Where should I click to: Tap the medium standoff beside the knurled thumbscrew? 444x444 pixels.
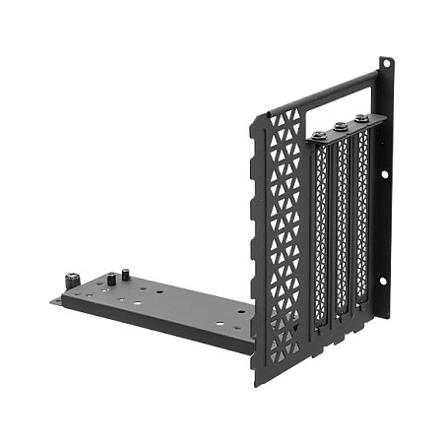click(x=110, y=279)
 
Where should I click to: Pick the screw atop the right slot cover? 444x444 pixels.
click(x=362, y=119)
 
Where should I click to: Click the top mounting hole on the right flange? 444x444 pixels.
click(x=386, y=66)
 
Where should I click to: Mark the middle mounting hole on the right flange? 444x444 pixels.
click(x=385, y=180)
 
